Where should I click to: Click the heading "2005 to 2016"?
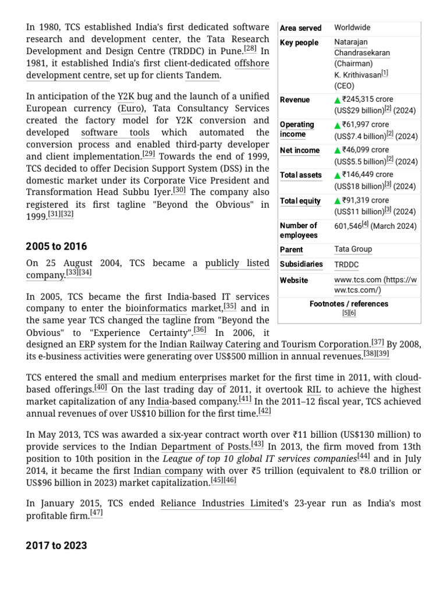click(56, 247)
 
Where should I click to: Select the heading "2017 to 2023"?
click(56, 545)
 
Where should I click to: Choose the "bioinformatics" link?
click(156, 308)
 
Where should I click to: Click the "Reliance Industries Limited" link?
click(221, 503)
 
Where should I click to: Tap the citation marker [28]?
click(250, 50)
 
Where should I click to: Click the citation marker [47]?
click(97, 514)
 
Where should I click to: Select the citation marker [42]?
click(265, 411)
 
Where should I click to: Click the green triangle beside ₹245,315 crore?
click(338, 100)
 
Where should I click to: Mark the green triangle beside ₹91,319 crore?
click(338, 201)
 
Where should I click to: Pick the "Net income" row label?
click(300, 150)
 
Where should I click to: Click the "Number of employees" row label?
click(299, 230)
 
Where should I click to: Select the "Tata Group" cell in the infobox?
click(353, 249)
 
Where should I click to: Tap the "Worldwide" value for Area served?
click(352, 27)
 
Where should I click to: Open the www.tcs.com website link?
click(375, 285)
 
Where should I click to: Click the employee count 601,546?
click(347, 225)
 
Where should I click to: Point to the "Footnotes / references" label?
click(349, 304)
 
